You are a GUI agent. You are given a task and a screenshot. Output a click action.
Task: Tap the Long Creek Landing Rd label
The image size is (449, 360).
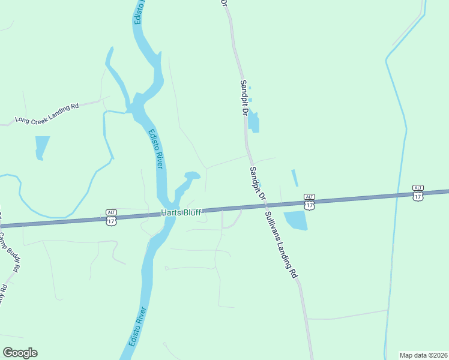tap(47, 112)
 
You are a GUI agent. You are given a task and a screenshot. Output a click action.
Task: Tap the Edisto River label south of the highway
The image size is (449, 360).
tap(137, 328)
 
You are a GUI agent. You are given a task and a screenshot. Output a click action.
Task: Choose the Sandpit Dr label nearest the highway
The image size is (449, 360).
tap(258, 184)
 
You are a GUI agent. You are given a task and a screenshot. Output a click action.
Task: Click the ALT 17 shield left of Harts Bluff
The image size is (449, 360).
tap(111, 218)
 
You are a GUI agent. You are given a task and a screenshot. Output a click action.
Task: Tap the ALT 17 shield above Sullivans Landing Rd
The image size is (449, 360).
tap(309, 202)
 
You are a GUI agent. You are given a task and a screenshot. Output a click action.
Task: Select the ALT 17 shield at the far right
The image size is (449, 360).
tap(418, 193)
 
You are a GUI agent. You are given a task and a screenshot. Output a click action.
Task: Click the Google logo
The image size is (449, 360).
tap(20, 353)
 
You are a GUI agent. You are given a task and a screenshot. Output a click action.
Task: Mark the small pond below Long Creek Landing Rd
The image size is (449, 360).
tap(41, 147)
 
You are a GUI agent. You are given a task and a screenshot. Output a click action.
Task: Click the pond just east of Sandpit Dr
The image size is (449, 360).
tap(254, 122)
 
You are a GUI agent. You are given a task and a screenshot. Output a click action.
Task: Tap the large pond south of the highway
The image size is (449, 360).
tap(296, 221)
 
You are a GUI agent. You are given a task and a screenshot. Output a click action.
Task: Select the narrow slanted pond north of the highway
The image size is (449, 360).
tap(295, 178)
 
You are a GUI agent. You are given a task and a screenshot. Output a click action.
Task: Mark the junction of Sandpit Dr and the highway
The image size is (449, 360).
tap(265, 206)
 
